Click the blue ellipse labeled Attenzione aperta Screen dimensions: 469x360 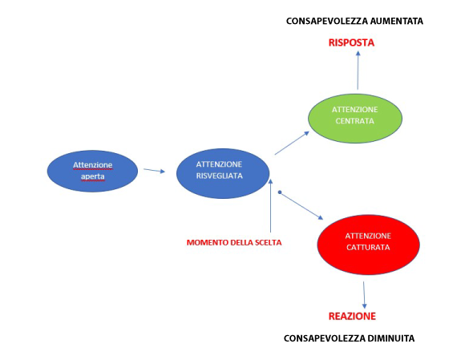(x=92, y=171)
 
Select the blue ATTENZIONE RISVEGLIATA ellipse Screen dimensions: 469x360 (x=223, y=173)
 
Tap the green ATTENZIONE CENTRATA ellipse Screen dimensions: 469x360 (x=355, y=119)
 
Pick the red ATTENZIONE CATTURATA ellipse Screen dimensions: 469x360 (x=368, y=245)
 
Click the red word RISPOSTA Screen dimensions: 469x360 (x=351, y=42)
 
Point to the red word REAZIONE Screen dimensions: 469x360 (x=352, y=316)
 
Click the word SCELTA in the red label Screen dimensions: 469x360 (x=269, y=242)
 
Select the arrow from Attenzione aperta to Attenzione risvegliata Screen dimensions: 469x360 (x=155, y=170)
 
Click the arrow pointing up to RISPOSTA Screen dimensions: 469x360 (x=358, y=70)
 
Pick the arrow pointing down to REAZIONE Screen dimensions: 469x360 (x=364, y=295)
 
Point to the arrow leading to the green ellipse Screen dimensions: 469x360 (x=292, y=143)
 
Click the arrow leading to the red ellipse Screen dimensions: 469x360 (x=301, y=206)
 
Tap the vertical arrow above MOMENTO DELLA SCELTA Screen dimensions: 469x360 (x=270, y=205)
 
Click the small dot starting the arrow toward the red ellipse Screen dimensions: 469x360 (x=280, y=192)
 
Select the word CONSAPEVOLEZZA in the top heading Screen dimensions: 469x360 (x=327, y=21)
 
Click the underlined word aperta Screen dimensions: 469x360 (x=93, y=176)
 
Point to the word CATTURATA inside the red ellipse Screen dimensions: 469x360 (x=368, y=248)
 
